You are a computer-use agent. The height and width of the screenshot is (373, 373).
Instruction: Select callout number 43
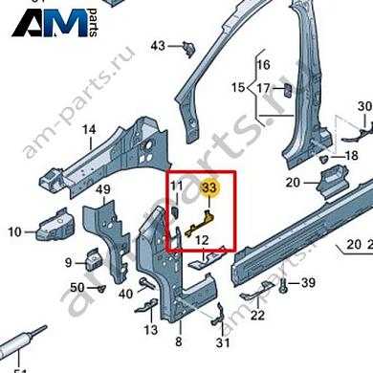(x=158, y=45)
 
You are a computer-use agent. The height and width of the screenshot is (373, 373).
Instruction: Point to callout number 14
(x=88, y=130)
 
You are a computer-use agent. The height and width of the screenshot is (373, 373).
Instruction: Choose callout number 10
(x=14, y=231)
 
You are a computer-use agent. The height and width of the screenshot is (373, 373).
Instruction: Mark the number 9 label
(x=69, y=262)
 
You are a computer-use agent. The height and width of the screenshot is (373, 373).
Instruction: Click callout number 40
(x=125, y=294)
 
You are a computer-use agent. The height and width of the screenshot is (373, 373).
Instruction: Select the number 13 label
(x=150, y=330)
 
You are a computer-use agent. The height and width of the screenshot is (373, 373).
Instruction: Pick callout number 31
(x=224, y=342)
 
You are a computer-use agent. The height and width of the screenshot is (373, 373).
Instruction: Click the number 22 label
(x=257, y=316)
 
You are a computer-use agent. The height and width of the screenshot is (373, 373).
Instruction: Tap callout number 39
(x=307, y=283)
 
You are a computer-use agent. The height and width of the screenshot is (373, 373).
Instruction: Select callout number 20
(x=293, y=182)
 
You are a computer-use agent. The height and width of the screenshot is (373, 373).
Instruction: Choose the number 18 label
(x=351, y=155)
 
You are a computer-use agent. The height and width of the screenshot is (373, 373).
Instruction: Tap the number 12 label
(x=203, y=242)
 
